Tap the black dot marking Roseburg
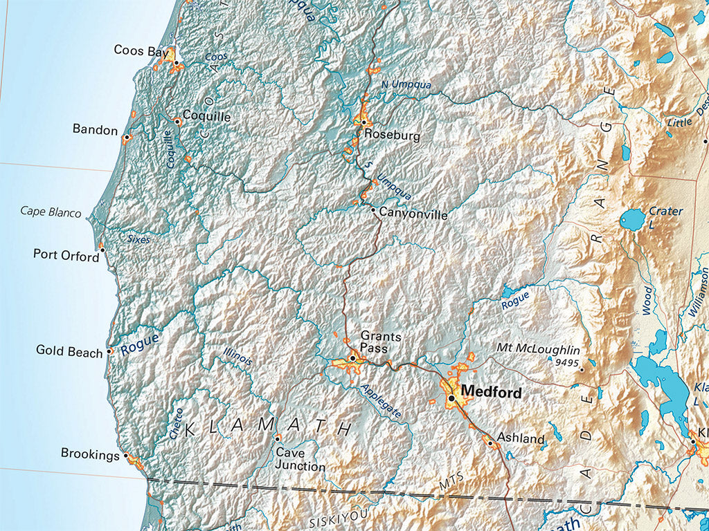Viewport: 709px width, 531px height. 364,122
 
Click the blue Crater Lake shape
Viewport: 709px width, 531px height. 631,220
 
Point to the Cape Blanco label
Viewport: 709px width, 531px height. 51,212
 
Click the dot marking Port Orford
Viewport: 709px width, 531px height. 102,249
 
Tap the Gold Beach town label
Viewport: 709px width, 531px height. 69,352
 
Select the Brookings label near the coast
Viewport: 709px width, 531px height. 90,454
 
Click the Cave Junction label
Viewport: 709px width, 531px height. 300,460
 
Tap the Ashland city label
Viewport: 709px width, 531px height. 521,438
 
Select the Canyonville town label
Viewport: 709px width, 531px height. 413,216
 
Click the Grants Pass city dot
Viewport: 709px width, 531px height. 352,358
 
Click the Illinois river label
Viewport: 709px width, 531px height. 237,357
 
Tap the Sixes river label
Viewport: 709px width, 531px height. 138,239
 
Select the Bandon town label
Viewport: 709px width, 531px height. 95,130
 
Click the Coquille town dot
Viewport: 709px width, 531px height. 177,121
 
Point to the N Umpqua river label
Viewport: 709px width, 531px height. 406,84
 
